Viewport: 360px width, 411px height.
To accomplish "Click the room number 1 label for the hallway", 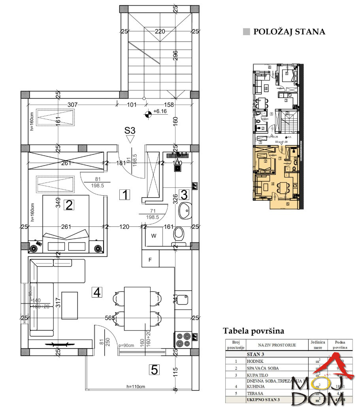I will click(x=125, y=194).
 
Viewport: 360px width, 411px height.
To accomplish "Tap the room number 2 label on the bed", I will click(x=69, y=205).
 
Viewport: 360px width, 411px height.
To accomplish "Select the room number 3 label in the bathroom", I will click(x=184, y=194).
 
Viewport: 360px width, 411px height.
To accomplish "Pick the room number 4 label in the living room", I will click(x=97, y=292).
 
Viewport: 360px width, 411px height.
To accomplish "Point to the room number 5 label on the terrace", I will click(x=154, y=370).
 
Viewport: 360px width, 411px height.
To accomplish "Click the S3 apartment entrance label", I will click(x=130, y=130).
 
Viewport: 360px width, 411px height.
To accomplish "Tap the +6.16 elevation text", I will click(x=160, y=112).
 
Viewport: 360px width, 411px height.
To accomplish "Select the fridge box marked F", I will click(x=150, y=260).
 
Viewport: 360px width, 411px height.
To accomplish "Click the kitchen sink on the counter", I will click(x=183, y=299).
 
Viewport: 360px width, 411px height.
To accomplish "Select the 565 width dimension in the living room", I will click(x=110, y=318).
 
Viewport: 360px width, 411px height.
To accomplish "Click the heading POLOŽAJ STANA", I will click(x=289, y=32).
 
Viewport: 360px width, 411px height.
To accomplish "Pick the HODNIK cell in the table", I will click(x=254, y=361).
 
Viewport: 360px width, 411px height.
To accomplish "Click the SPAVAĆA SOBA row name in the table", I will click(x=262, y=368).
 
